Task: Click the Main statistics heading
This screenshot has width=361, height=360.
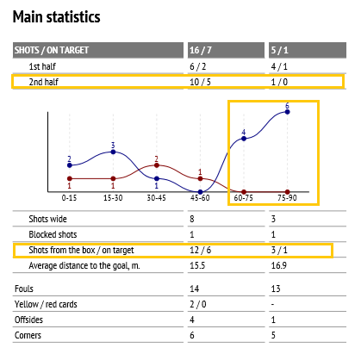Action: pos(57,16)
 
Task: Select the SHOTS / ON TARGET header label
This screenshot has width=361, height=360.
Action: pos(52,50)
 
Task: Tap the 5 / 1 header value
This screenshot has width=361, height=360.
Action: pos(279,50)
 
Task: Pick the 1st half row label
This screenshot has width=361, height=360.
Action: pos(42,66)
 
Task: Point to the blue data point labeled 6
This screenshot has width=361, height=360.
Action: pos(287,112)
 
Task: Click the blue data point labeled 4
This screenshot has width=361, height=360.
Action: pos(244,139)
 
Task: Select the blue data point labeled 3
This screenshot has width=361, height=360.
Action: pos(113,152)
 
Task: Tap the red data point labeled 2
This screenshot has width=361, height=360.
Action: pos(157,165)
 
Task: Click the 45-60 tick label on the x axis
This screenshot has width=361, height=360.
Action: pos(200,198)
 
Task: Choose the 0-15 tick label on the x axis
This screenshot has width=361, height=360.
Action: pos(69,198)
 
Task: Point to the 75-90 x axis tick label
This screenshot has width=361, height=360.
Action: pos(287,198)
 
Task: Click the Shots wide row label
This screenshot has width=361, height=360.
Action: pos(47,219)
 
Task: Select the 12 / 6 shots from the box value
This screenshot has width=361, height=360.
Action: pos(200,250)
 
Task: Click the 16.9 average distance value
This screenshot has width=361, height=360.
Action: pos(279,265)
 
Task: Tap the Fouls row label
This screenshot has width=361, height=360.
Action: pos(24,289)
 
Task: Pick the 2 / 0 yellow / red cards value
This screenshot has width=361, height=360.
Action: pos(198,304)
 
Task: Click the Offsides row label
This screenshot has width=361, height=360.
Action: pos(28,320)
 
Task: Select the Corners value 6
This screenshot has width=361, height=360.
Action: pos(192,335)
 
